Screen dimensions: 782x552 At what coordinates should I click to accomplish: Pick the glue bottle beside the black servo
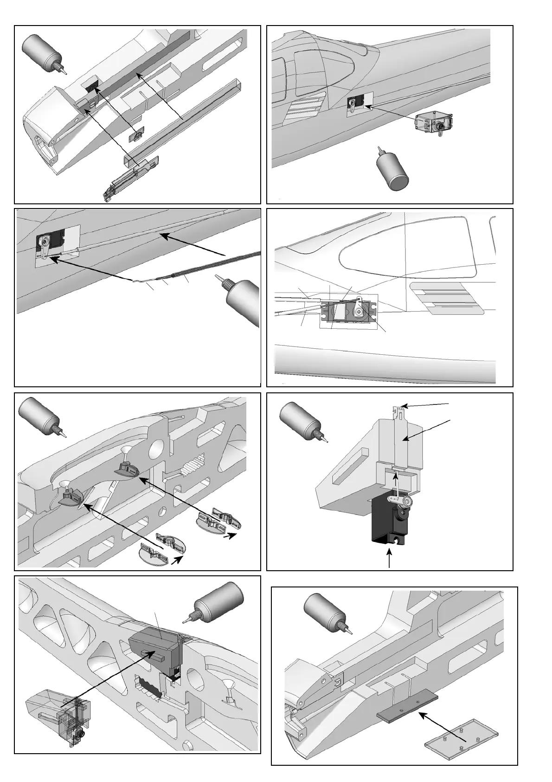click(302, 423)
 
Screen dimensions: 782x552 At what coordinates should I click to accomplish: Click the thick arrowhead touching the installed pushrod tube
click(163, 237)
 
